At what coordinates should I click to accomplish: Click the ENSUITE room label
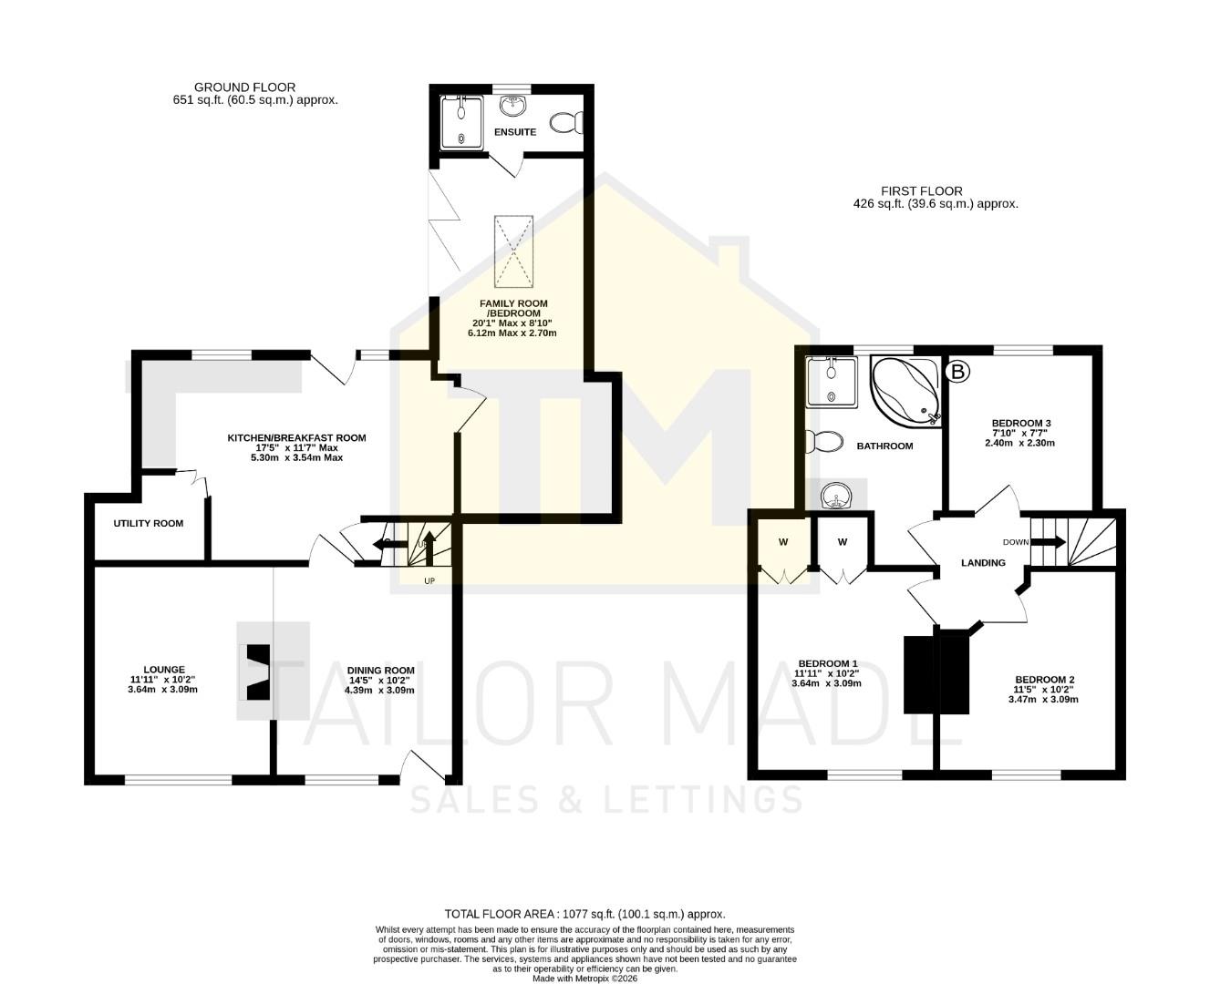(515, 132)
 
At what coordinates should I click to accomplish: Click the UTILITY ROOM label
(149, 524)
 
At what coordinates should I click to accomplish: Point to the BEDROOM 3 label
(1021, 424)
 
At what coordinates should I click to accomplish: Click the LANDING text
(983, 563)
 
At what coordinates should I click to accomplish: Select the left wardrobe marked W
(782, 543)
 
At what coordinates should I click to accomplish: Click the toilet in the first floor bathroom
(826, 442)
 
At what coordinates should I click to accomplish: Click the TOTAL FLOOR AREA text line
(584, 914)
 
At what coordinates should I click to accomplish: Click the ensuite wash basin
(513, 107)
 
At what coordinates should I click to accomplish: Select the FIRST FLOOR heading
(921, 191)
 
